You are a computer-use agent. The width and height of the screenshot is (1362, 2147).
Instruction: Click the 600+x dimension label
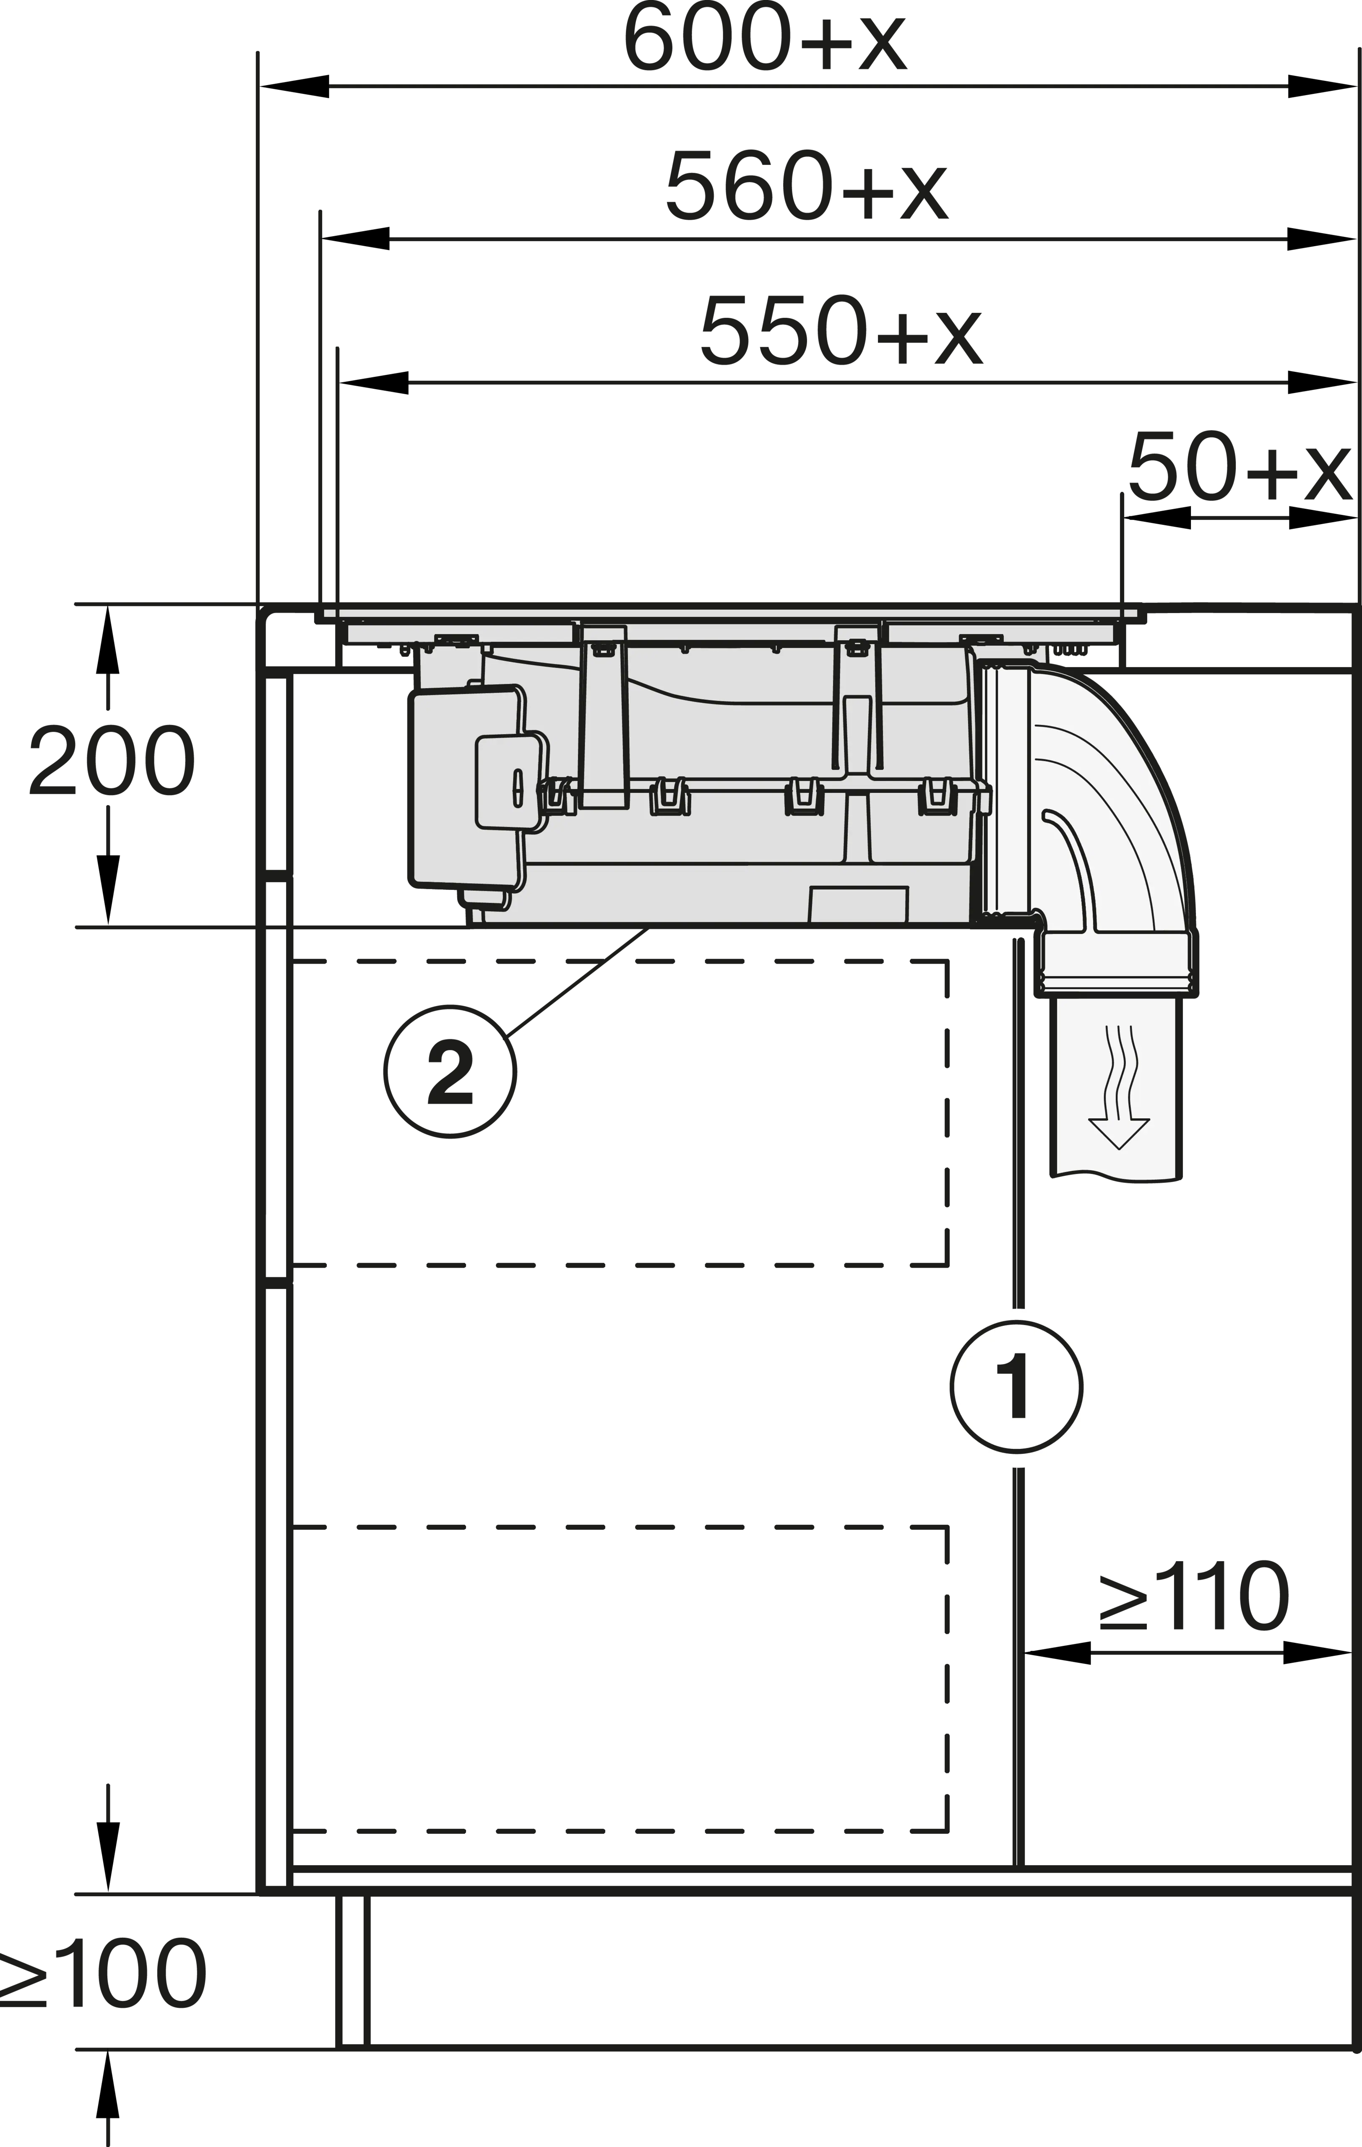click(x=764, y=40)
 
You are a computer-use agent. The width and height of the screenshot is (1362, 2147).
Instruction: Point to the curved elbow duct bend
click(x=1115, y=803)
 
